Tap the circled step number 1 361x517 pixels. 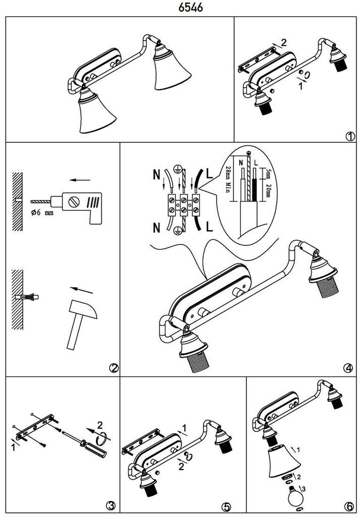coord(349,135)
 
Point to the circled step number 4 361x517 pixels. coord(348,369)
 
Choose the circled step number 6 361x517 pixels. coord(348,505)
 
